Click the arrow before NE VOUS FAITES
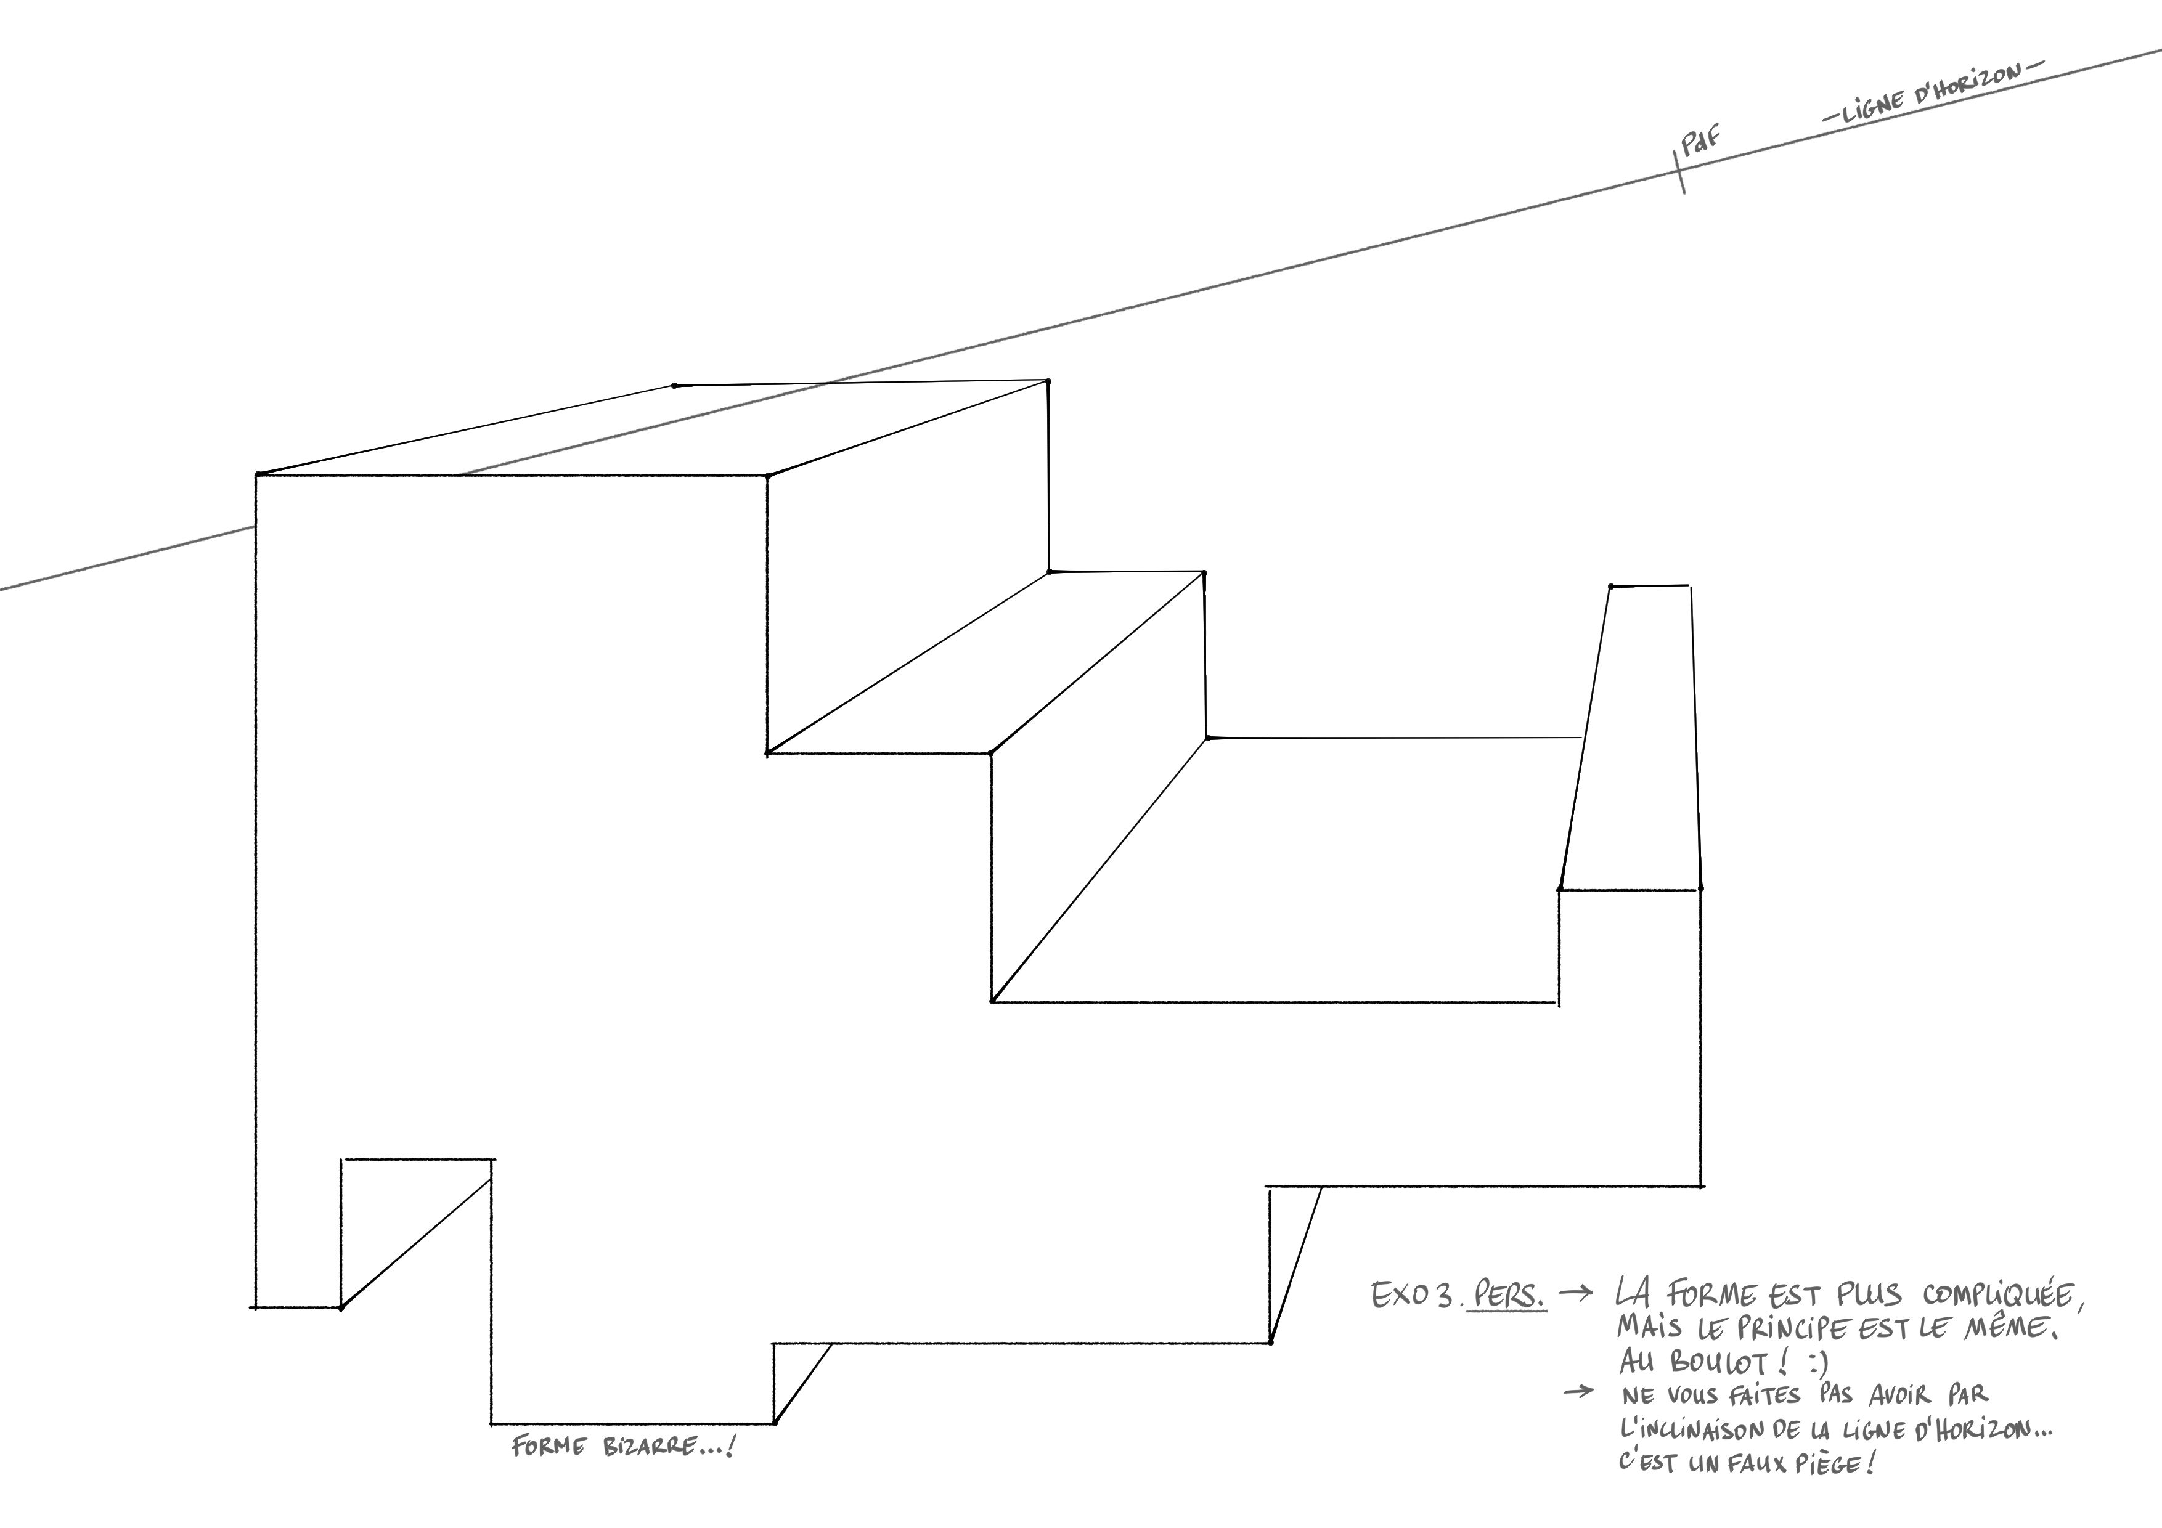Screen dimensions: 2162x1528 click(1579, 1391)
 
